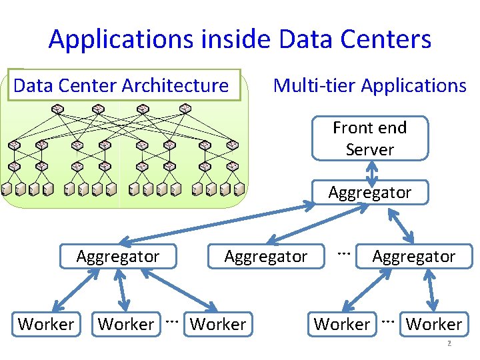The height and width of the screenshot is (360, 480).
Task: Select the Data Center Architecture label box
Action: (123, 85)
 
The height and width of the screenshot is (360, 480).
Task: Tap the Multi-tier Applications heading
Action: (369, 85)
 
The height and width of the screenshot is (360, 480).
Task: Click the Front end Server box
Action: (369, 139)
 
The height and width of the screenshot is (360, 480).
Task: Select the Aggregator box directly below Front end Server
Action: (369, 192)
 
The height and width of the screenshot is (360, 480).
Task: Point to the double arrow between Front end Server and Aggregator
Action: (371, 171)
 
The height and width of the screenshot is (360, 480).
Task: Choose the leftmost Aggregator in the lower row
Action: (118, 256)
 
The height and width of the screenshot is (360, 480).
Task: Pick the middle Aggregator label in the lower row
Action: (266, 256)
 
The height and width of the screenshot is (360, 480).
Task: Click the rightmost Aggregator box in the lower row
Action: (413, 256)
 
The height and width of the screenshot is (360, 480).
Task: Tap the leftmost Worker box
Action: (46, 324)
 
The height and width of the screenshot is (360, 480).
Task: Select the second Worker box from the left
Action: (126, 324)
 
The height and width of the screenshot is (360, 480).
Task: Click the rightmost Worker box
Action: (434, 324)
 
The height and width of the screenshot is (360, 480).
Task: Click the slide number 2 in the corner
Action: (449, 344)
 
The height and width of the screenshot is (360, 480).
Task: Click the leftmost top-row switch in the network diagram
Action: (57, 109)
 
